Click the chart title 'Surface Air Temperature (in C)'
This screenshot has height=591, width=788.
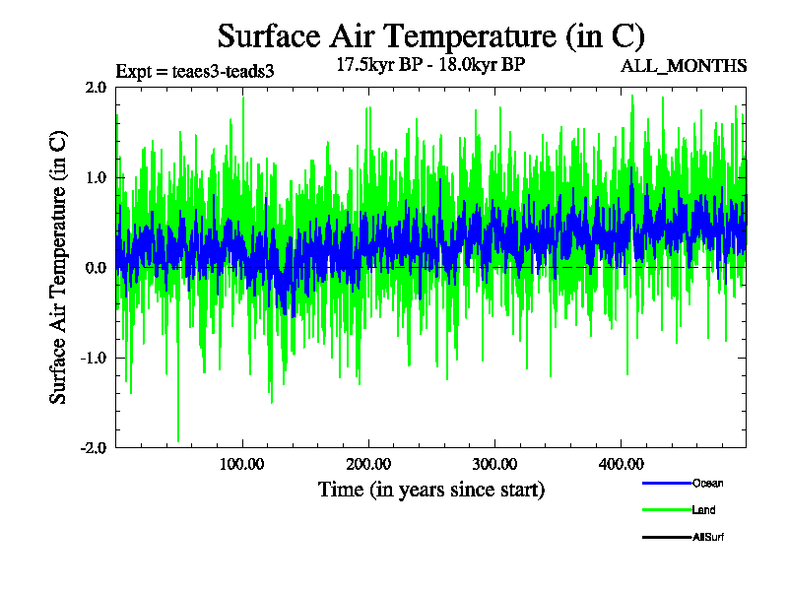430,36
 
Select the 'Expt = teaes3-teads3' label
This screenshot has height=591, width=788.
194,71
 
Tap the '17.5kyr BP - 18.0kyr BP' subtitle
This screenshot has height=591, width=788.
430,66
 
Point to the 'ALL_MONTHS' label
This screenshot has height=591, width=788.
684,66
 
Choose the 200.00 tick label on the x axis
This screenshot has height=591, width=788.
367,465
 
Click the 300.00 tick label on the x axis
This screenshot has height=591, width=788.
493,465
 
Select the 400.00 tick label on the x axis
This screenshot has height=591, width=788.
620,465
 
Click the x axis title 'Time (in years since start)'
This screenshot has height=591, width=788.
430,489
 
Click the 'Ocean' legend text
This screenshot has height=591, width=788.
707,484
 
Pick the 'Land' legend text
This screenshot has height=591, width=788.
703,510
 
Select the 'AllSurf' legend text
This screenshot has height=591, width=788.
708,537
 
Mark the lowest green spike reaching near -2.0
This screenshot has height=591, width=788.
178,437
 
